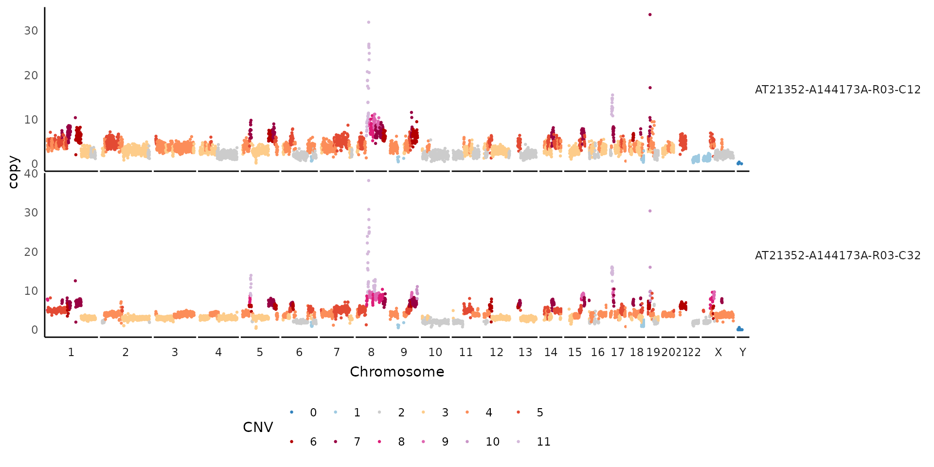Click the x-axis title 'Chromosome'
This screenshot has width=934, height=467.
pyautogui.click(x=397, y=372)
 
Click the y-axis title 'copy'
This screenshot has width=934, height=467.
pyautogui.click(x=13, y=172)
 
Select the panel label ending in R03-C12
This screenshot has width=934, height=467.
pyautogui.click(x=837, y=90)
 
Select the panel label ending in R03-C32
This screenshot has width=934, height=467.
pyautogui.click(x=837, y=255)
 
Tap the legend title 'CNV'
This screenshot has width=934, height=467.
pyautogui.click(x=258, y=427)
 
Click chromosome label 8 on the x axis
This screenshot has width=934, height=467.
pyautogui.click(x=371, y=352)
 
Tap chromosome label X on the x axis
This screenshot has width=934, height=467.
pyautogui.click(x=718, y=352)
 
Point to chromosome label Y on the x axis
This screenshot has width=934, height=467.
pyautogui.click(x=742, y=352)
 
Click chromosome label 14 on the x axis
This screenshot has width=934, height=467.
pyautogui.click(x=551, y=352)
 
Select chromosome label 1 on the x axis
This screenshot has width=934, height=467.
pyautogui.click(x=71, y=352)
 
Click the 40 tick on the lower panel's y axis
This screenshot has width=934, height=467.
pyautogui.click(x=31, y=174)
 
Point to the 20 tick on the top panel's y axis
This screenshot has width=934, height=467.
pyautogui.click(x=31, y=75)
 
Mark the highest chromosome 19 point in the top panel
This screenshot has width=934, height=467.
pyautogui.click(x=650, y=15)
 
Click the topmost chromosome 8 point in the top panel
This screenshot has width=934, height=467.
pyautogui.click(x=369, y=22)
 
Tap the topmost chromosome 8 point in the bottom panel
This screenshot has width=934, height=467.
pyautogui.click(x=369, y=180)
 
